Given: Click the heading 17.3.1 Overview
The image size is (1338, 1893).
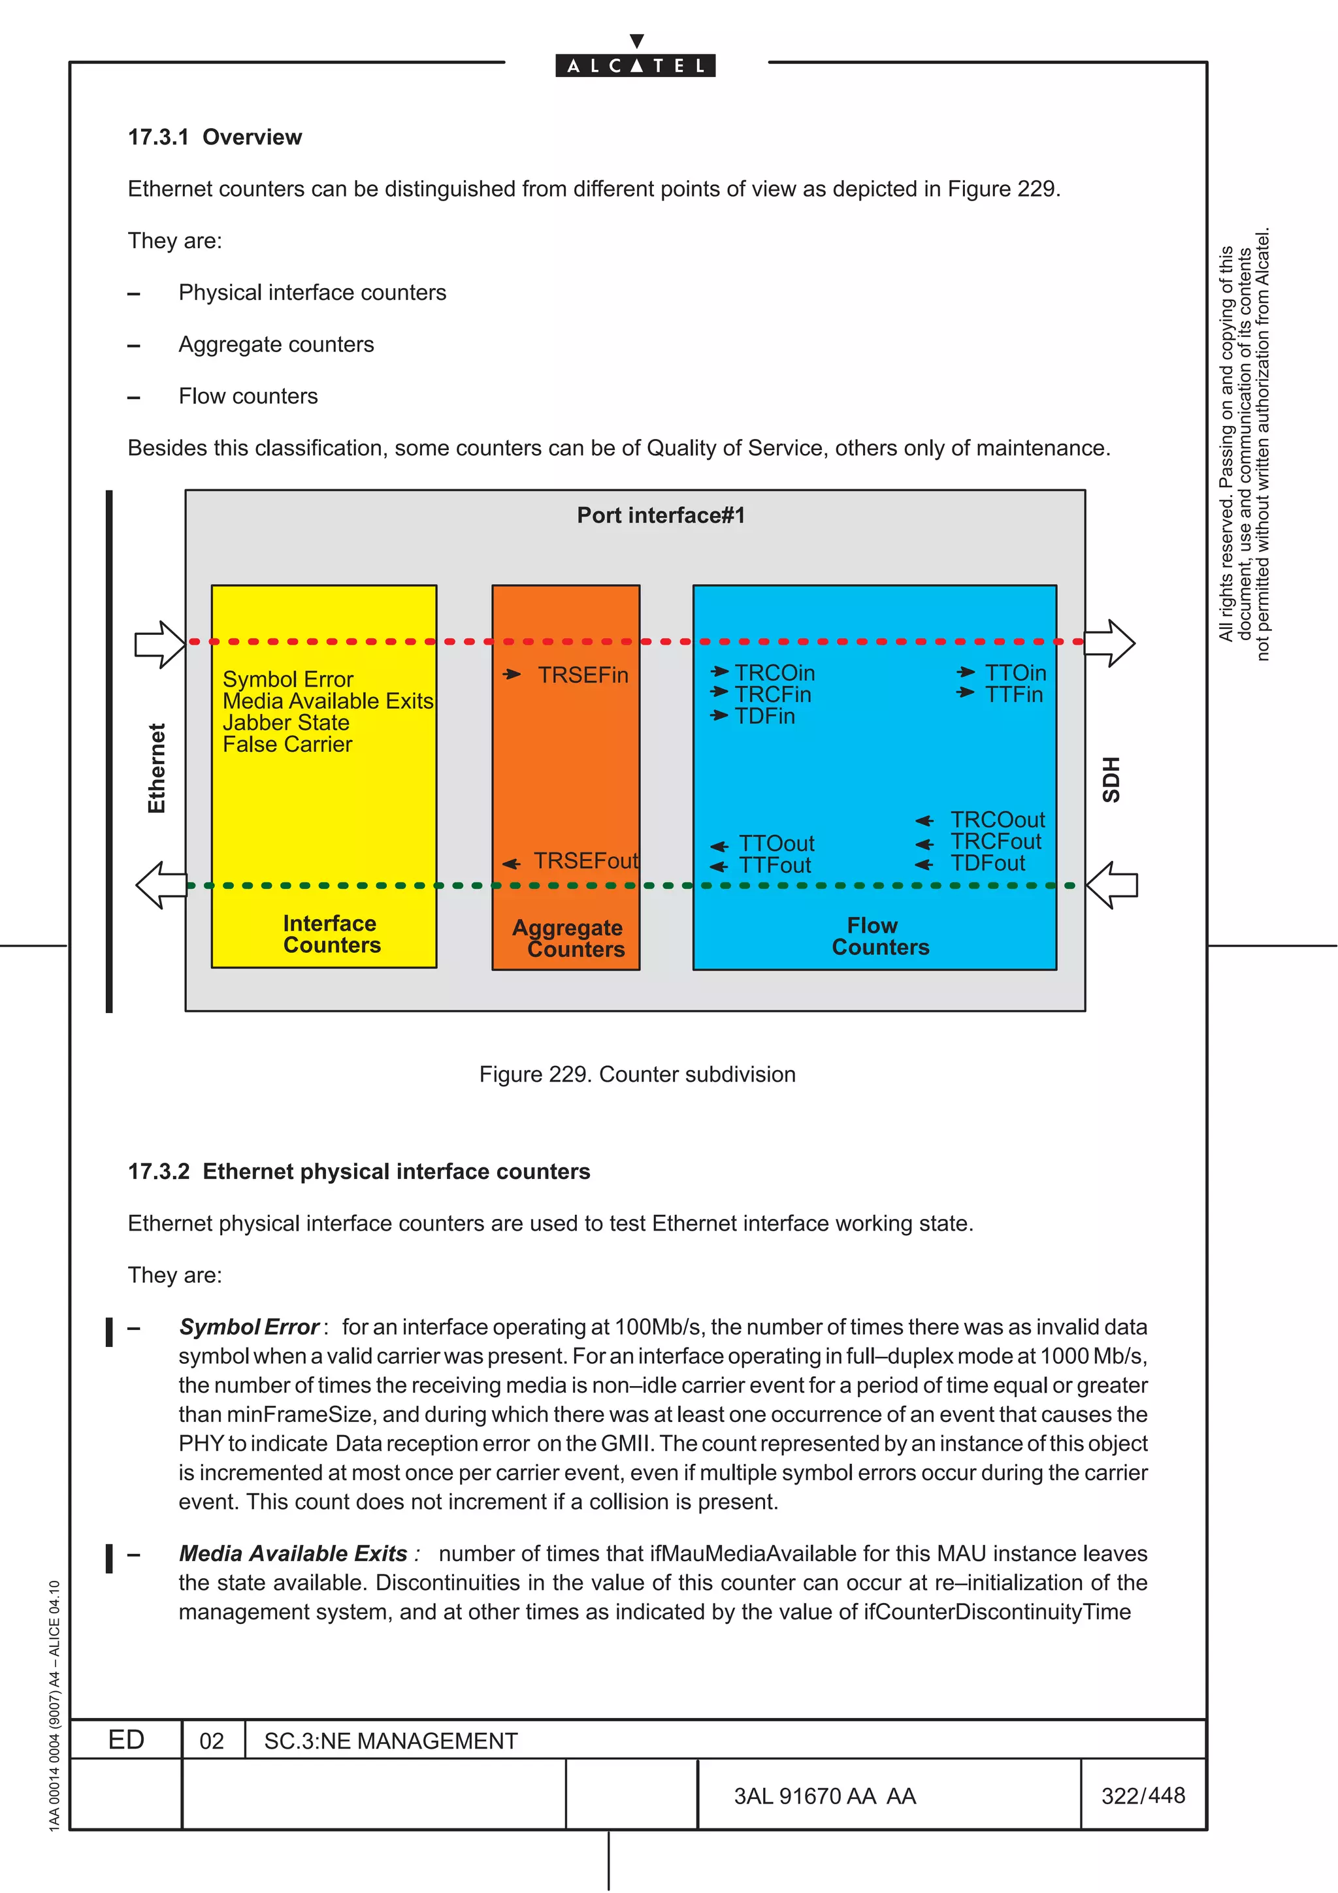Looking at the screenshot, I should [214, 137].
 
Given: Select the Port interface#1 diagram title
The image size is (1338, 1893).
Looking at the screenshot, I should [661, 515].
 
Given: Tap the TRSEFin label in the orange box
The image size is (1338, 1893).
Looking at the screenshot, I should [582, 675].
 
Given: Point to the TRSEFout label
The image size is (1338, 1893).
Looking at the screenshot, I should [585, 862].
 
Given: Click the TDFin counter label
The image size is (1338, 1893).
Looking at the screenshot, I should [764, 717].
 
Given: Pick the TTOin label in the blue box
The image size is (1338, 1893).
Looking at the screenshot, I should [1015, 673].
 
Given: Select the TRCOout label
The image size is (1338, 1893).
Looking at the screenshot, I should [997, 820].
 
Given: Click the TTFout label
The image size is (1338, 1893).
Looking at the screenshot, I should [774, 866].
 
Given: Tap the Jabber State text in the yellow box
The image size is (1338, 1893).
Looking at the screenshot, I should [286, 723].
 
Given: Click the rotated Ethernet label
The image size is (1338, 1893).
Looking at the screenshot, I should [157, 768].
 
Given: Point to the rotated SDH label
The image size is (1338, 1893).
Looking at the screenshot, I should [1111, 779].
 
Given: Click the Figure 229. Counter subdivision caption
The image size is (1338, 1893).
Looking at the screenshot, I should [636, 1075].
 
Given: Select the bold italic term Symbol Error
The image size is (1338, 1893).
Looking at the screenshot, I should [248, 1327].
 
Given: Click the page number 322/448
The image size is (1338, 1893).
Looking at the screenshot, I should [1143, 1795].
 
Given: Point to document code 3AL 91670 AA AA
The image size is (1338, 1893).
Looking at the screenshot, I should [824, 1796].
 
